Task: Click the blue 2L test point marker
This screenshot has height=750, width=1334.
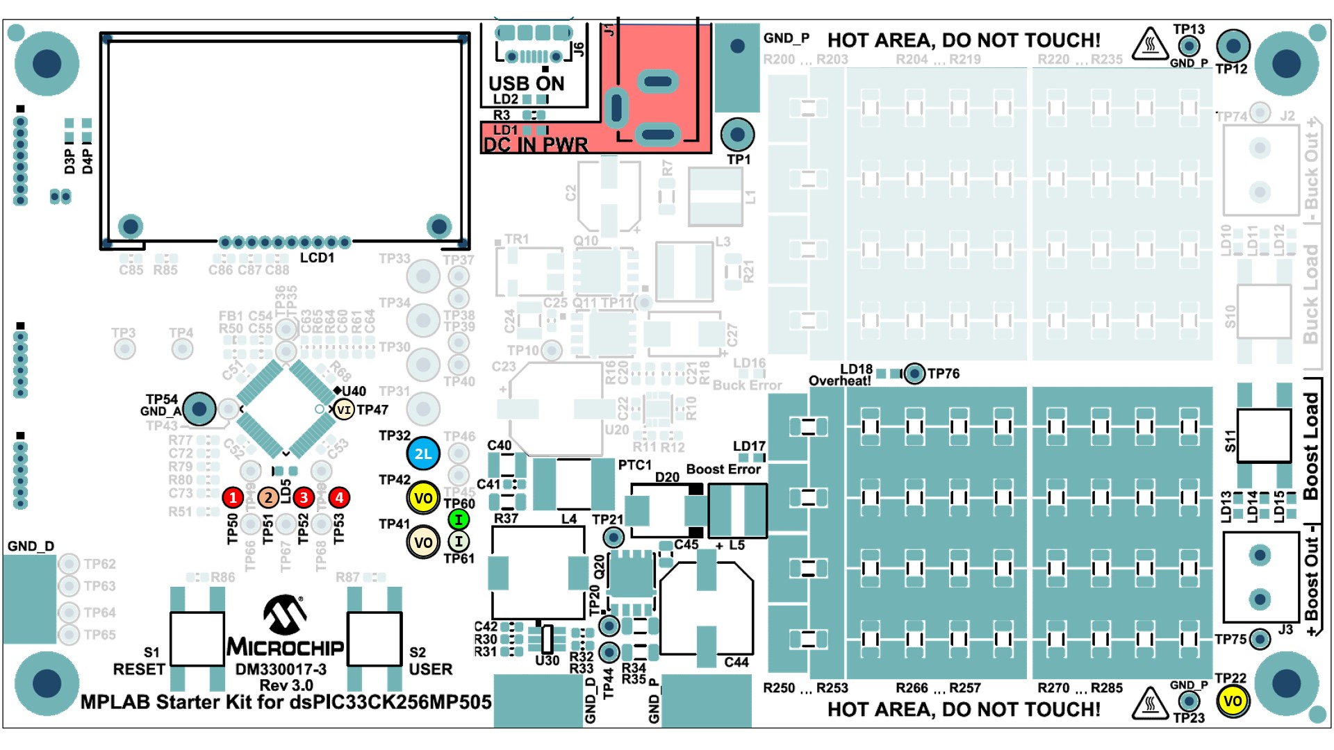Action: coord(423,454)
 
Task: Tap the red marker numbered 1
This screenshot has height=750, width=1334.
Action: coord(233,497)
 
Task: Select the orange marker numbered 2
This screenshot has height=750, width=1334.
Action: coord(268,497)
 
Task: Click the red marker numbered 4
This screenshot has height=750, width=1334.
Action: coord(339,497)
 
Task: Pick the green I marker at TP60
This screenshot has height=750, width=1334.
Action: coord(459,519)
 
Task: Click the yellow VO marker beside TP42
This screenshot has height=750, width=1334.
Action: coord(423,498)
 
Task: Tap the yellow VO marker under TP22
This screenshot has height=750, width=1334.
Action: coord(1233,701)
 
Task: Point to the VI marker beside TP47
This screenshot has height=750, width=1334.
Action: coord(344,410)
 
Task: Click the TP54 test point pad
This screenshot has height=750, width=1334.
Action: coord(199,409)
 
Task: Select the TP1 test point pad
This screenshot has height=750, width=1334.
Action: coord(737,134)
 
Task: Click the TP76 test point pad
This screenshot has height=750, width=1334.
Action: coord(915,374)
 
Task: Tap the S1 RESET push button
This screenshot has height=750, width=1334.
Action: coord(197,639)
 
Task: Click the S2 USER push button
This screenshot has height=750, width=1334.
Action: coord(374,639)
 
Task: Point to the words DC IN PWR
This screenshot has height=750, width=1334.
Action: coord(535,145)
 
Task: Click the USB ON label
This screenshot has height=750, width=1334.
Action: coord(526,83)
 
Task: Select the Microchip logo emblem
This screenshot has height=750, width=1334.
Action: coord(285,615)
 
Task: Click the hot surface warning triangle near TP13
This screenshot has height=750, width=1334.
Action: coord(1150,44)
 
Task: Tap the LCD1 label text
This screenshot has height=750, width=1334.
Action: coord(317,258)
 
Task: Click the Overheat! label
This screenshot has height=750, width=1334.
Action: coord(839,381)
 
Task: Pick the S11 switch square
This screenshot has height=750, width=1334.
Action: coord(1264,435)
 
